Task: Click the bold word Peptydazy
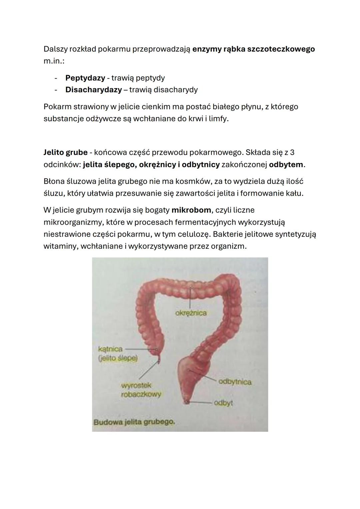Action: [x=85, y=78]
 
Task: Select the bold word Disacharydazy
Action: [x=93, y=90]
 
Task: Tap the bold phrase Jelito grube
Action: [x=65, y=153]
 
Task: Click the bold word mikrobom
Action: [x=191, y=210]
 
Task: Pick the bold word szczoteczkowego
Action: [x=281, y=49]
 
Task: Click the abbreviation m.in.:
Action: [x=54, y=61]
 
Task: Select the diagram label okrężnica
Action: [x=191, y=313]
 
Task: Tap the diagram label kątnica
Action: [x=110, y=349]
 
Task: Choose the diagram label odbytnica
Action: [x=234, y=382]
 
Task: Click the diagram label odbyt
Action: [x=223, y=403]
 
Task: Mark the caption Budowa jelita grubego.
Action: [x=134, y=422]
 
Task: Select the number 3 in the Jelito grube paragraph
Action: [x=292, y=153]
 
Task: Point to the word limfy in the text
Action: [x=218, y=119]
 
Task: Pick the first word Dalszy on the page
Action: [x=55, y=49]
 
